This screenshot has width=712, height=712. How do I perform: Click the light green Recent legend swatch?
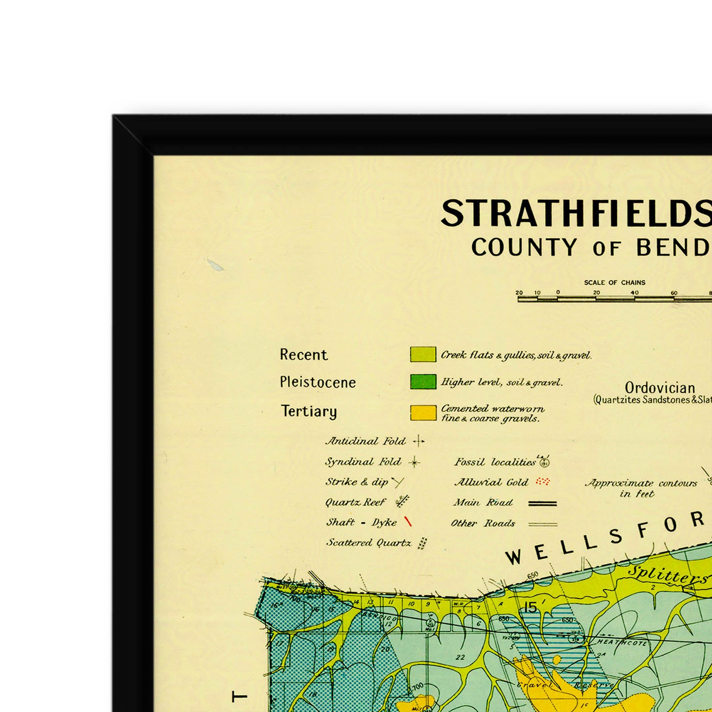(x=423, y=354)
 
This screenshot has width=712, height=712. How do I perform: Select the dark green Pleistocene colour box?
(x=423, y=382)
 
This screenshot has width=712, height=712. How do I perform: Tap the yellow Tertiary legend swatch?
(x=423, y=413)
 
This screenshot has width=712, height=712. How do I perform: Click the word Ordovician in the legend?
(x=659, y=388)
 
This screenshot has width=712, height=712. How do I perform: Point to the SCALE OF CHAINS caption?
(x=614, y=283)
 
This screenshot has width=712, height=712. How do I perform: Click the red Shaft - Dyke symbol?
(x=408, y=522)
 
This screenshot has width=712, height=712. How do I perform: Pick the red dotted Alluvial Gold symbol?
(x=543, y=481)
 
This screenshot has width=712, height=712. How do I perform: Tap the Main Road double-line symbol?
(x=542, y=503)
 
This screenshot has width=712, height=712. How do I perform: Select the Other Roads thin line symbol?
(x=542, y=524)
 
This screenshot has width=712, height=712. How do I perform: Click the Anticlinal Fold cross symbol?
(x=418, y=441)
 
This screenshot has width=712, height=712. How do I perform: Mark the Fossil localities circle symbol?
(x=544, y=462)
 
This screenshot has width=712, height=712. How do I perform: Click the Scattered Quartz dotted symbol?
(x=423, y=543)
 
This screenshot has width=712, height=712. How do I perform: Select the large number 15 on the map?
(x=530, y=607)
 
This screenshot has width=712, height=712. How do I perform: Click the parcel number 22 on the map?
(x=460, y=657)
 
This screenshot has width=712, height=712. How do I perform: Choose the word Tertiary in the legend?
(x=309, y=411)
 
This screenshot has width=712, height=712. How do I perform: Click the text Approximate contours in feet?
(x=641, y=488)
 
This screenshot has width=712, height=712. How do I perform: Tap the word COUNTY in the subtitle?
(x=524, y=247)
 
